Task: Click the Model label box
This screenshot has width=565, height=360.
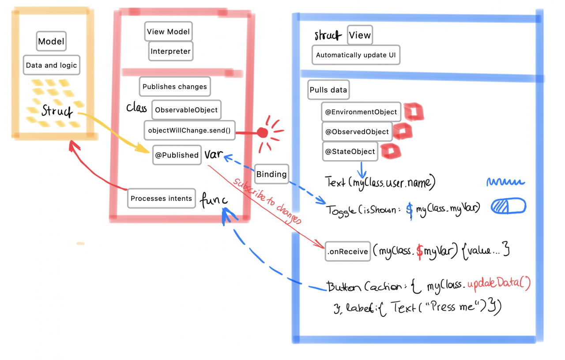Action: click(x=51, y=42)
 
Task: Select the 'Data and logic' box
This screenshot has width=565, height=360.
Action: click(x=51, y=65)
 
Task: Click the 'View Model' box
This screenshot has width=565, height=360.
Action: click(x=168, y=32)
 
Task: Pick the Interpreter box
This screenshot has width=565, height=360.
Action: click(x=170, y=51)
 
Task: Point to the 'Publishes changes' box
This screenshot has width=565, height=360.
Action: click(x=175, y=86)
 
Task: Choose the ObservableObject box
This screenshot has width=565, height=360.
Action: click(x=186, y=110)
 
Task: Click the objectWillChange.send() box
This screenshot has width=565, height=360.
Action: click(x=189, y=130)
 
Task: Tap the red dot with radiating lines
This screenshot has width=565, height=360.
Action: click(x=263, y=132)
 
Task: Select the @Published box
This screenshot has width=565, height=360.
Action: click(x=177, y=155)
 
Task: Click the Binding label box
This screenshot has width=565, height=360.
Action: click(x=271, y=174)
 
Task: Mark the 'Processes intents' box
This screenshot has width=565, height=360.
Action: click(x=161, y=199)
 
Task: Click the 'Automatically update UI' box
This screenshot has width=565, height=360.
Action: click(x=356, y=55)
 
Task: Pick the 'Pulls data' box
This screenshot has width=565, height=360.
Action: click(x=328, y=90)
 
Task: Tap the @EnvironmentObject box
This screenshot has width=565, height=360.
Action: click(x=361, y=112)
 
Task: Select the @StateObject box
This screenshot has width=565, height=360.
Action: click(x=350, y=151)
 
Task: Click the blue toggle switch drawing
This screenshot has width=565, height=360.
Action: click(x=508, y=207)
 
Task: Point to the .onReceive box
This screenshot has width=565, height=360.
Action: click(x=347, y=251)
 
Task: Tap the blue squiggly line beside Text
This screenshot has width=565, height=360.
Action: click(x=505, y=182)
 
